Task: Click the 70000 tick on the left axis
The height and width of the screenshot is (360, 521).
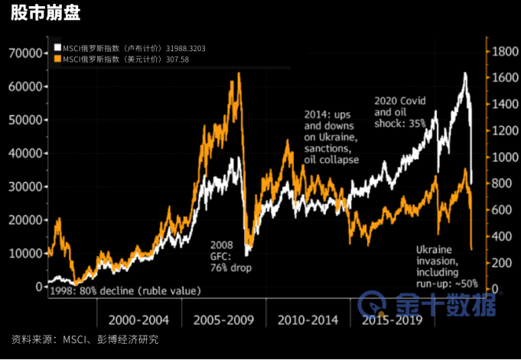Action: pos(24,53)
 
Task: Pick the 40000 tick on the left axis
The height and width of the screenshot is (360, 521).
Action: pos(24,153)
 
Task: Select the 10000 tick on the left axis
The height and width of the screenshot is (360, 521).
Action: pos(24,253)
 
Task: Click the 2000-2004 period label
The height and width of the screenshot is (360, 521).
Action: pos(138,319)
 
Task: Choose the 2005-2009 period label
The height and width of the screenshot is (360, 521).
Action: pos(222,319)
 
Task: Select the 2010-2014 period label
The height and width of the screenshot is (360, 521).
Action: pos(306,319)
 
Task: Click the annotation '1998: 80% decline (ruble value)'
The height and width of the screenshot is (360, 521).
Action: pos(125,290)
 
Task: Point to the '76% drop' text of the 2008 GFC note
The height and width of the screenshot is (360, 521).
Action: pos(231,268)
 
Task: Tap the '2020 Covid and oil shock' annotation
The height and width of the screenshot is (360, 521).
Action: pos(401,111)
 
